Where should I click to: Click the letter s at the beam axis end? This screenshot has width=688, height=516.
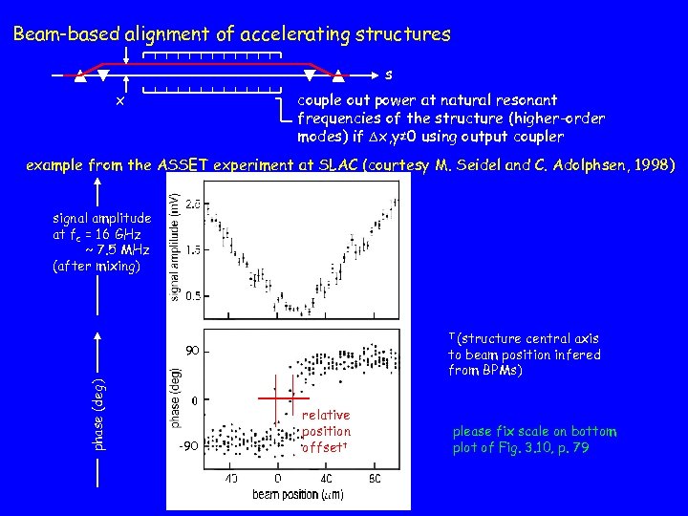[x=388, y=74]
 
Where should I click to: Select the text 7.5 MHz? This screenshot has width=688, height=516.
[x=117, y=249]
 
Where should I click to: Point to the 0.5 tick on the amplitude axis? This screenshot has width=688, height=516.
[x=192, y=295]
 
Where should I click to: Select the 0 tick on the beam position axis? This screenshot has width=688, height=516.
[x=278, y=478]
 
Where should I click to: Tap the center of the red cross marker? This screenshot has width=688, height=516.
[x=278, y=396]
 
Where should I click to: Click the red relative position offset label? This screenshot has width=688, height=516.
[x=326, y=431]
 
